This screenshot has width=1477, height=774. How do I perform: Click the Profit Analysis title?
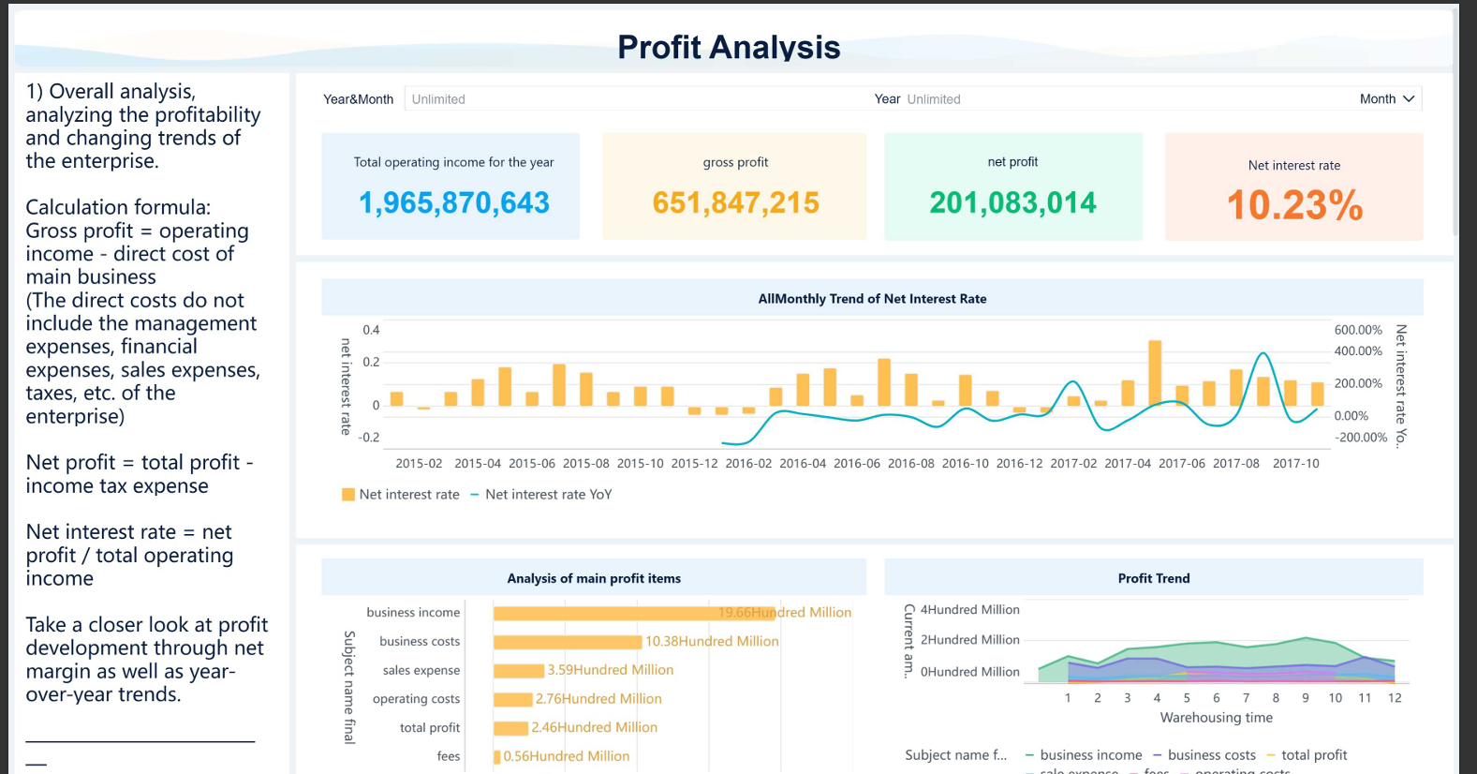tap(728, 47)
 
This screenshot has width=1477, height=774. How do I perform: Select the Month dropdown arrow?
tap(1408, 99)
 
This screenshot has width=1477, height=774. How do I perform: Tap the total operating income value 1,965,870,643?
tap(453, 202)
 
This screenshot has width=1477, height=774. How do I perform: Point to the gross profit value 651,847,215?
tap(735, 202)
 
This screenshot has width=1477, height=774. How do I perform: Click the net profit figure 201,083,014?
tap(1012, 202)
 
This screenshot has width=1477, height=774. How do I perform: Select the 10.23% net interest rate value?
tap(1294, 205)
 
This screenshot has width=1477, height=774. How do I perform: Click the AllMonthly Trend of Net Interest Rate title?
tap(871, 299)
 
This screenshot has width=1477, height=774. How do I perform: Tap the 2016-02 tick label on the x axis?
tap(748, 463)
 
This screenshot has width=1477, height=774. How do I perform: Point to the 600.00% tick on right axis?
tap(1358, 330)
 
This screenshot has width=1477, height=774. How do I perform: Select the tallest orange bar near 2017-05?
tap(1155, 372)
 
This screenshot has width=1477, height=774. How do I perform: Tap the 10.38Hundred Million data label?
tap(712, 642)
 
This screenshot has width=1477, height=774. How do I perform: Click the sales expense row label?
tap(421, 670)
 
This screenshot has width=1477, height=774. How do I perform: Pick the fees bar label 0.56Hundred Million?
tap(566, 756)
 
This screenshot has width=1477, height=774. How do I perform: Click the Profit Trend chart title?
tap(1153, 578)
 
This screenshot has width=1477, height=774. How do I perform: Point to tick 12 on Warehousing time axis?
tap(1395, 698)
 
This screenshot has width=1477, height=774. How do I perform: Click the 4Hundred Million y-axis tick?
tap(969, 610)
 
